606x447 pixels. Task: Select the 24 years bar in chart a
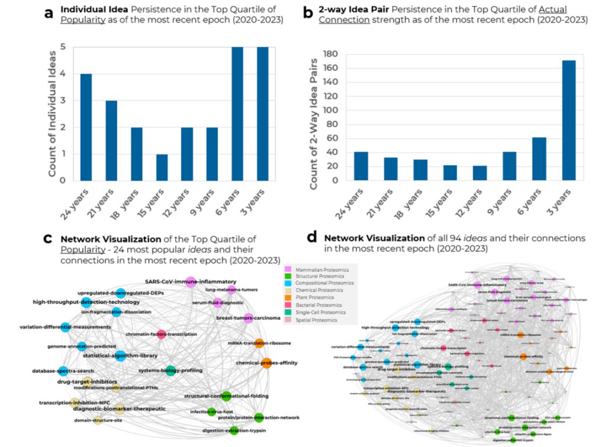pos(86,127)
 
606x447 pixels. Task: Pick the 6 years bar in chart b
pos(539,159)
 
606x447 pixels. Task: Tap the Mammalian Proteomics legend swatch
pos(288,269)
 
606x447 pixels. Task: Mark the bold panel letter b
pos(308,11)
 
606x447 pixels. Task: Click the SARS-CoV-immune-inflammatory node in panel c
pos(191,281)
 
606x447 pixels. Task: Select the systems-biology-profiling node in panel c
pos(170,371)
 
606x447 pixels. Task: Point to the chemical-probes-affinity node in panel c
pos(266,363)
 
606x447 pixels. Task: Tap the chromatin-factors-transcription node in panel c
pos(162,334)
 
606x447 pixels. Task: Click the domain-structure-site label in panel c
pos(98,420)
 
